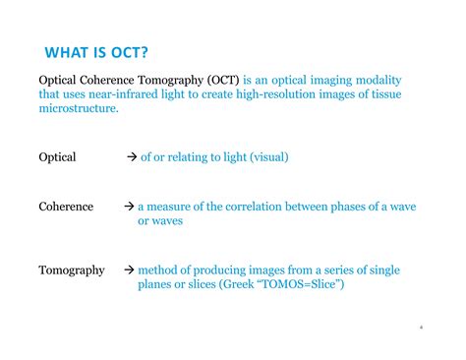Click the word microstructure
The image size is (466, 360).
point(78,108)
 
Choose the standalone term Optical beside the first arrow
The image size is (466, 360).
point(57,157)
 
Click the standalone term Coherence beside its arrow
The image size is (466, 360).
point(66,207)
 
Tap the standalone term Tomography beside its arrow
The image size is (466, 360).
point(71,270)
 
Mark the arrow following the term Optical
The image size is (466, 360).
point(132,157)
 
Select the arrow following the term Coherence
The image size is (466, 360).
point(129,207)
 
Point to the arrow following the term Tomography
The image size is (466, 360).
point(129,270)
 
